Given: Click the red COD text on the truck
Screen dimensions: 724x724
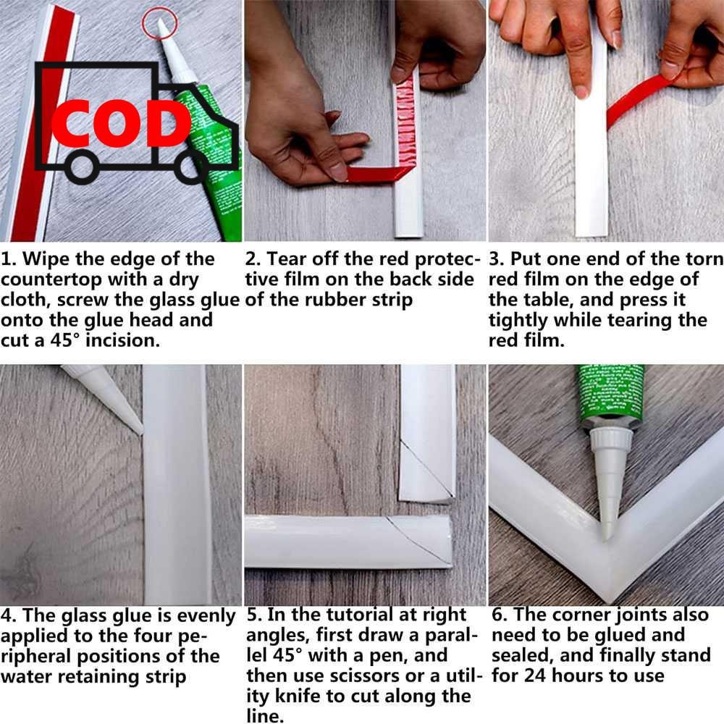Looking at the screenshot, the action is pos(121,123).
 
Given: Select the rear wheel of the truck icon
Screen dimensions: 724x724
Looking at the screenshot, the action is pos(83,167).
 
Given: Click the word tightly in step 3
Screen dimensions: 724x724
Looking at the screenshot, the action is pos(518,321).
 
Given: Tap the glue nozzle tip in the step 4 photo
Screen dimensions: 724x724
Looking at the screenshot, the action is pos(140,432).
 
